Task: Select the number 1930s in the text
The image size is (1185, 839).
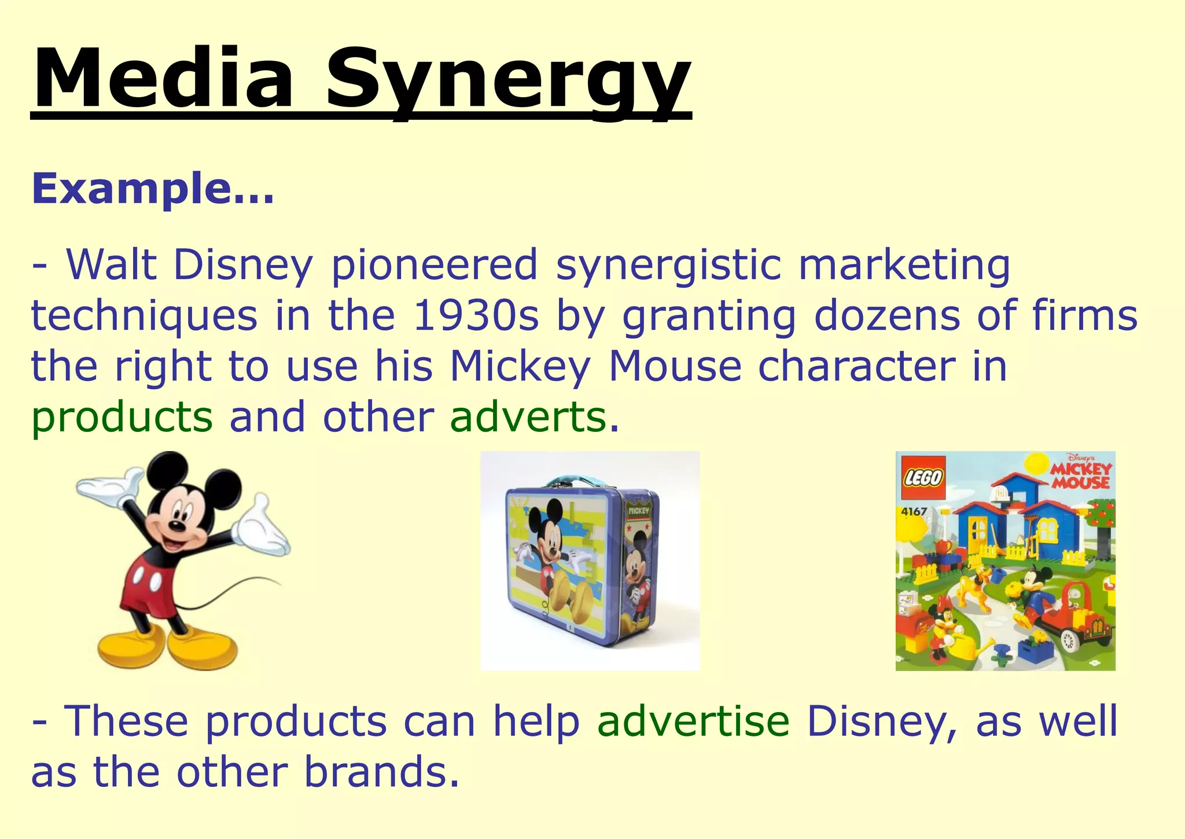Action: [476, 316]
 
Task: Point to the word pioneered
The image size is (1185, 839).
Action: [435, 266]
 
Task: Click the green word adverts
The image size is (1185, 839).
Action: [528, 417]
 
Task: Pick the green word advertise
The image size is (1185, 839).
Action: [693, 721]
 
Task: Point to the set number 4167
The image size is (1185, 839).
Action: [914, 512]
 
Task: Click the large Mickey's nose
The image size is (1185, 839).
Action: [174, 526]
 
